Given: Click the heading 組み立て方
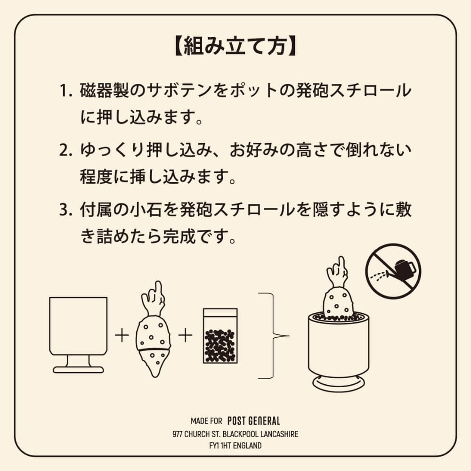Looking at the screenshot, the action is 235,47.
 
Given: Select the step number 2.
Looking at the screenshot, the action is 65,150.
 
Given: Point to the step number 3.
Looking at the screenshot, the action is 65,210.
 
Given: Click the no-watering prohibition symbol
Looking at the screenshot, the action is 393,271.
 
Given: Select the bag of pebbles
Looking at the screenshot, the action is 220,336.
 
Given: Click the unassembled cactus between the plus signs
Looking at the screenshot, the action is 154,329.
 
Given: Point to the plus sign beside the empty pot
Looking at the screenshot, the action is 122,335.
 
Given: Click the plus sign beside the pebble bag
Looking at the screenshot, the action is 185,335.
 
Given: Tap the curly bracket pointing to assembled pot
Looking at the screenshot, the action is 273,336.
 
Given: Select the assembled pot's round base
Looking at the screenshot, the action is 339,383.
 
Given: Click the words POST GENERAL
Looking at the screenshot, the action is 254,421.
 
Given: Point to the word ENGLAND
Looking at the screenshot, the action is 247,446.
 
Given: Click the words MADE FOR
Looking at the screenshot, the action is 206,421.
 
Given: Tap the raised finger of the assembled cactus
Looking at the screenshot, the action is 341,264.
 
